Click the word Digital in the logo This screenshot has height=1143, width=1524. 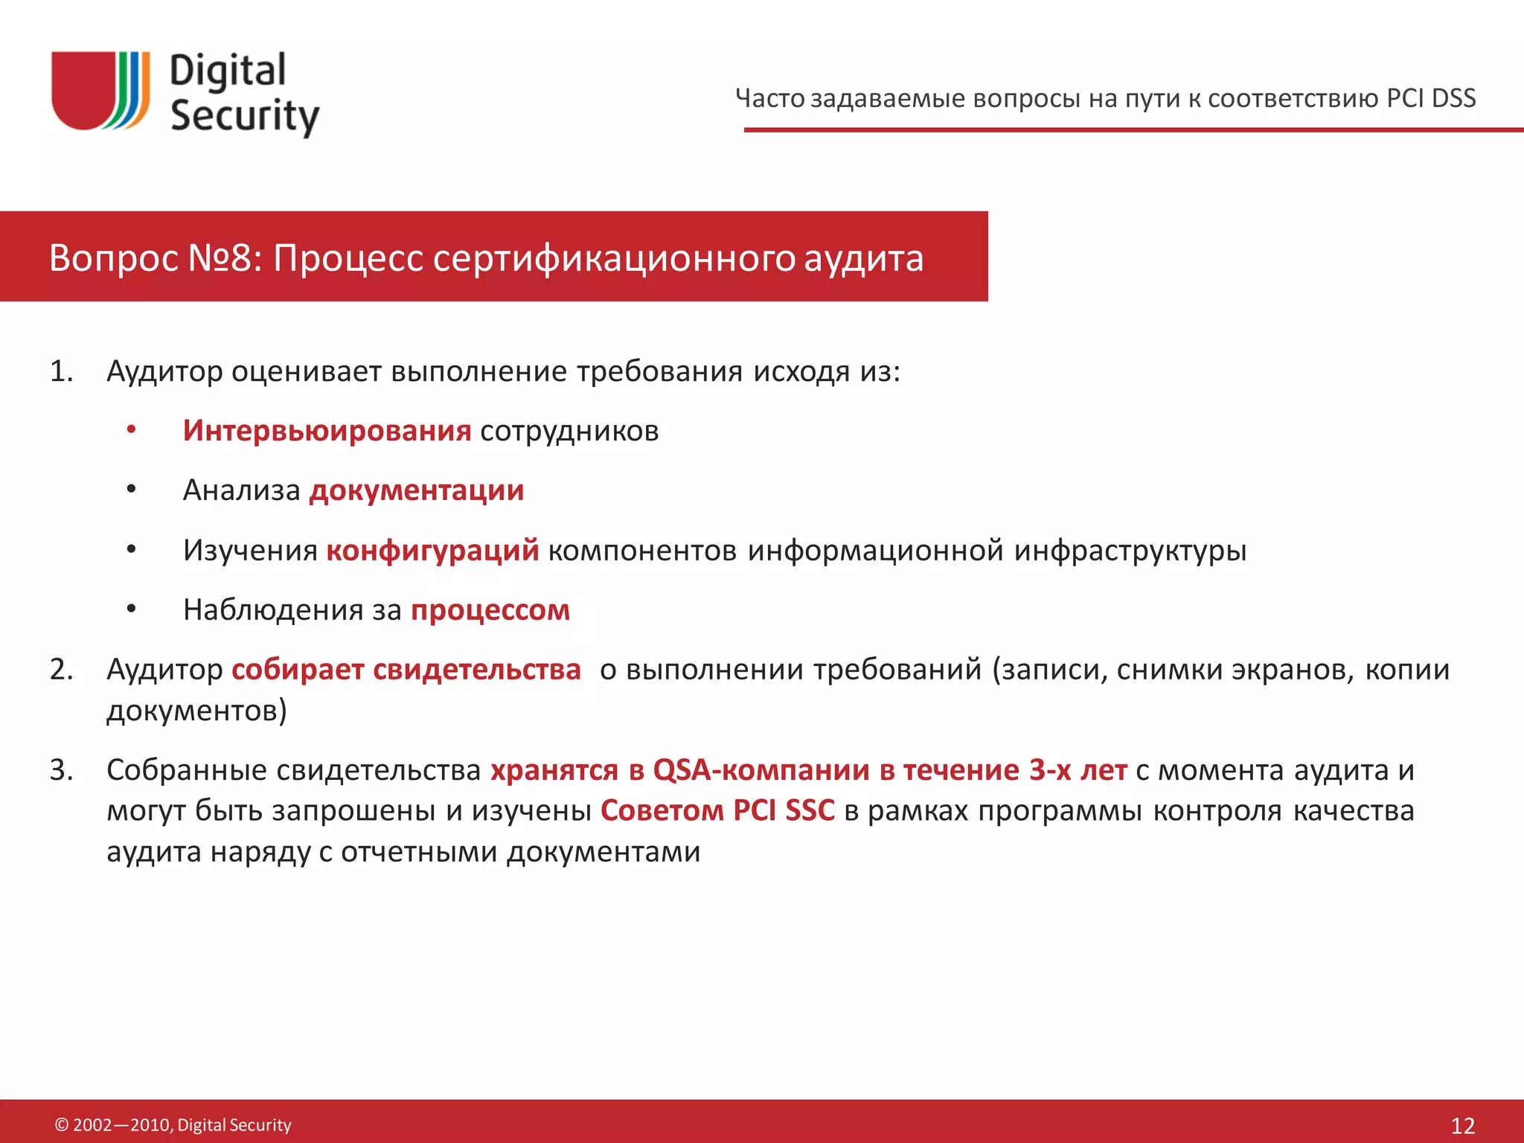click(228, 71)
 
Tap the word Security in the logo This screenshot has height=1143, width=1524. click(245, 117)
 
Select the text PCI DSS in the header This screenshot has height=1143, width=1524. click(1431, 98)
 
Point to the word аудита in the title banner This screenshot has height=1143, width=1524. click(863, 258)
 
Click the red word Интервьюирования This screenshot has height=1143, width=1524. click(327, 431)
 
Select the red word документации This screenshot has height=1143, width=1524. click(417, 490)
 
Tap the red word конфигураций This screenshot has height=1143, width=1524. click(432, 550)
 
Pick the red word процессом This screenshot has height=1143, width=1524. click(490, 610)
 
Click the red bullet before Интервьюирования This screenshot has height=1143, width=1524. click(131, 430)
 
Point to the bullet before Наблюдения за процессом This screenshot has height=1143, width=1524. click(131, 609)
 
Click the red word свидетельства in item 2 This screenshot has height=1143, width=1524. click(476, 670)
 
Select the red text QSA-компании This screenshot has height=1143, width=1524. click(761, 770)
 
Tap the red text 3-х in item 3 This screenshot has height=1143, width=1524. click(1050, 770)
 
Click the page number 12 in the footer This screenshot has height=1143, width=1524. click(1463, 1125)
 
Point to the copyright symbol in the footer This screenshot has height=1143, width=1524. click(62, 1125)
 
